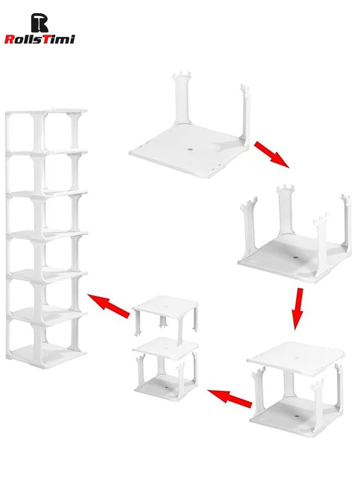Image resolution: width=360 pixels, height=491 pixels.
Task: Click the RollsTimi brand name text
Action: click(39, 39)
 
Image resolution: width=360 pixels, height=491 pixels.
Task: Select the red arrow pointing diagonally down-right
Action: click(271, 154)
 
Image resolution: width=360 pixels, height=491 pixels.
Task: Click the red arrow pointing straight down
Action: click(297, 309)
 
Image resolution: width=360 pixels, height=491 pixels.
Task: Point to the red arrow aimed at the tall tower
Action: click(109, 306)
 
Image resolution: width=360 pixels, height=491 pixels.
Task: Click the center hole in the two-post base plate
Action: click(190, 148)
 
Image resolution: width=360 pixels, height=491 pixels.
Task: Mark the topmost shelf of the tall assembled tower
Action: click(46, 112)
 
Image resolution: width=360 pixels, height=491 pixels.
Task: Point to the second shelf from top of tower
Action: click(46, 152)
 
